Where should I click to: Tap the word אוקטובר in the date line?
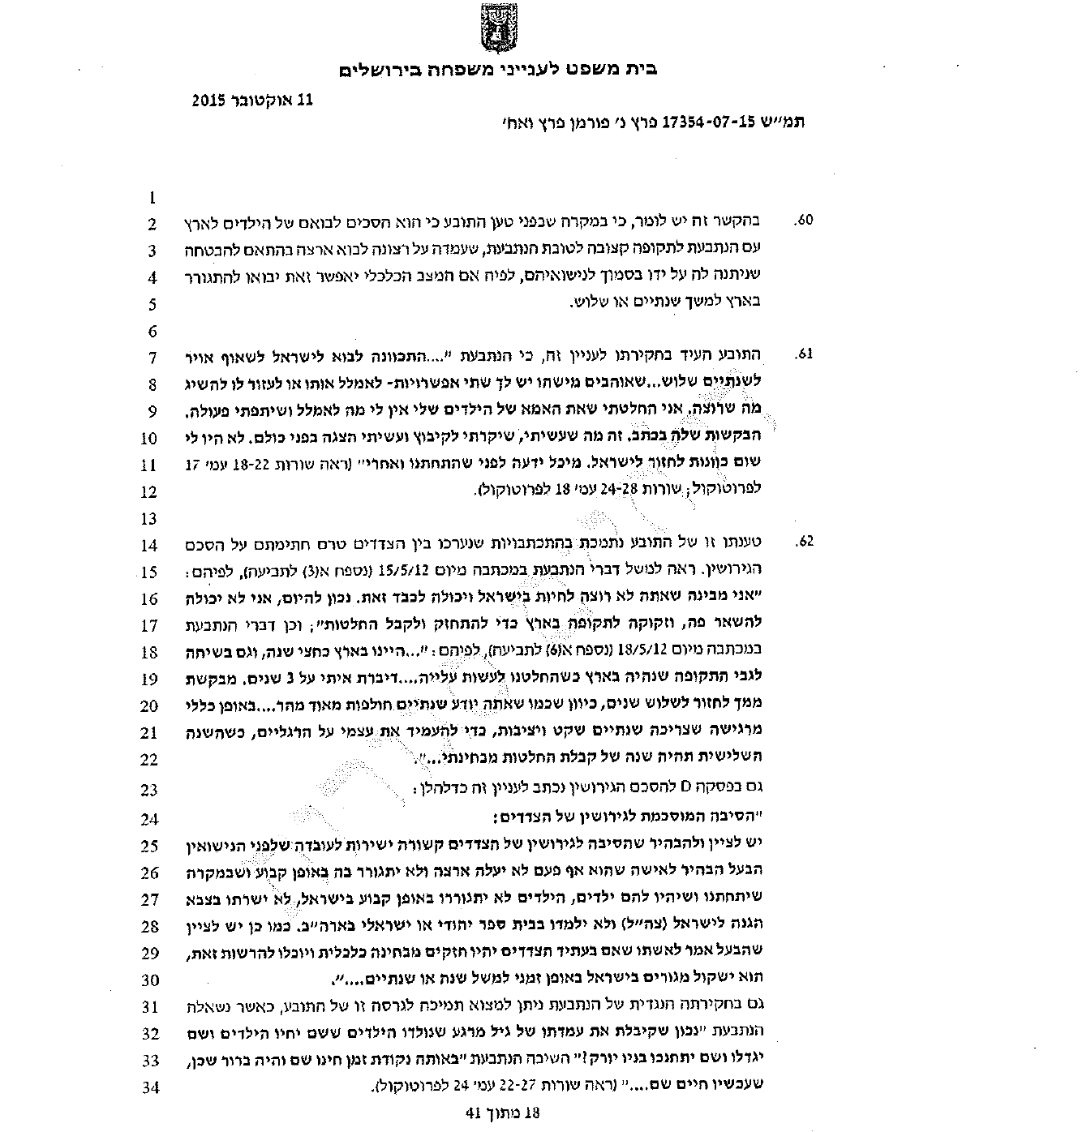coord(263,101)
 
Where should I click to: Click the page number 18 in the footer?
coord(530,1113)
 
